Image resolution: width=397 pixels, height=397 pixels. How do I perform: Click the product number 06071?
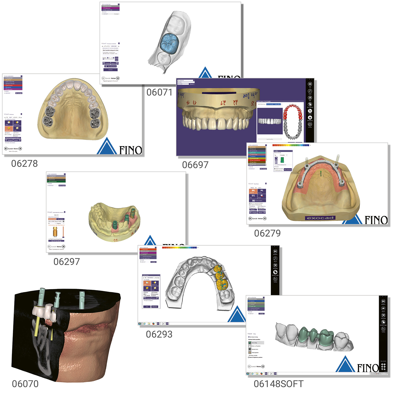(x=159, y=92)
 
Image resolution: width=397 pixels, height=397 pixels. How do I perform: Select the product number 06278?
(x=24, y=163)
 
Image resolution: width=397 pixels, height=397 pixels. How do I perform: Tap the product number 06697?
(x=195, y=165)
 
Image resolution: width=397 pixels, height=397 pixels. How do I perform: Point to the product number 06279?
(x=267, y=233)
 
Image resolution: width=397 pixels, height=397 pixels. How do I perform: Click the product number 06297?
(x=67, y=261)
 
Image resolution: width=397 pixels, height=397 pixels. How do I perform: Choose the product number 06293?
(x=159, y=334)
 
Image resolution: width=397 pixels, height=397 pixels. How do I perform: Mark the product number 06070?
(x=25, y=384)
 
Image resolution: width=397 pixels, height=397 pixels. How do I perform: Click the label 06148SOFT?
(x=278, y=384)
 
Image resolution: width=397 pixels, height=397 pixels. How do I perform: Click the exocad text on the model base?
(x=320, y=218)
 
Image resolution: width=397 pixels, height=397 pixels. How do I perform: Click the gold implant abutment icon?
(x=55, y=232)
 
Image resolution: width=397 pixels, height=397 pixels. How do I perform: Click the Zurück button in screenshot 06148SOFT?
(x=252, y=366)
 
